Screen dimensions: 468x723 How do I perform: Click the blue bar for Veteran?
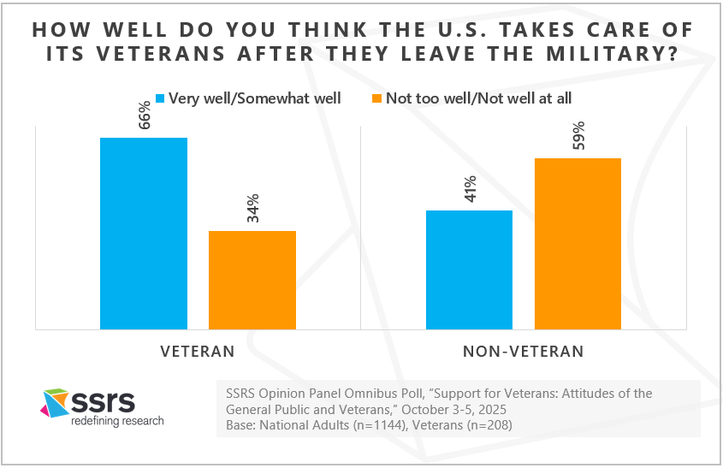(144, 233)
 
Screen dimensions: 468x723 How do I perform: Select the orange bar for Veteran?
(252, 280)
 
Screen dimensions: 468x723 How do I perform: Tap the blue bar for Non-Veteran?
(469, 270)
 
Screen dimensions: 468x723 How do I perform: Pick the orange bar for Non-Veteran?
(578, 243)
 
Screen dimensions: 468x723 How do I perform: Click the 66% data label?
(144, 115)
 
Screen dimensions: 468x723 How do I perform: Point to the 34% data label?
(252, 209)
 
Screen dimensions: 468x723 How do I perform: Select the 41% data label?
(469, 188)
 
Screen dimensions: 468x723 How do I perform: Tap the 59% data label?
(578, 136)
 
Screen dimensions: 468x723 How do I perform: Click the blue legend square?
(158, 98)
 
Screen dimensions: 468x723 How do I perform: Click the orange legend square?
(376, 98)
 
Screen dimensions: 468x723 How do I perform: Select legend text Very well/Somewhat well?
(255, 98)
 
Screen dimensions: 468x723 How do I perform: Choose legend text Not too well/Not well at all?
(478, 98)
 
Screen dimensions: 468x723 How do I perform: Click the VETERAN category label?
(198, 351)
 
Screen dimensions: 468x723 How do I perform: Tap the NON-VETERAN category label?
(524, 351)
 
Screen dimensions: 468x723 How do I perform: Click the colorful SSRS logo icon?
(56, 403)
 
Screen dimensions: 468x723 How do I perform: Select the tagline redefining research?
(116, 421)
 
